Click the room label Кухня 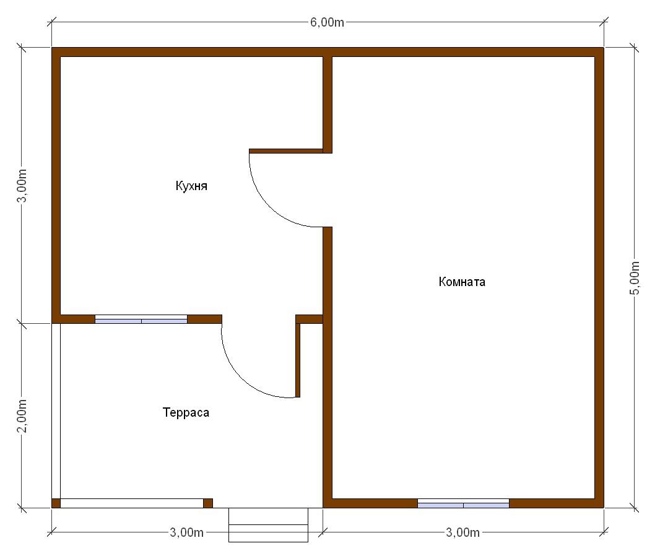click(x=191, y=186)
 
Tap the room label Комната click(x=462, y=282)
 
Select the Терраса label click(x=186, y=412)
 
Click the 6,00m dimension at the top click(x=327, y=22)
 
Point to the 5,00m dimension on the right click(x=635, y=278)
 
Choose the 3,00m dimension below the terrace click(x=186, y=532)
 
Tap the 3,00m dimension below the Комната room click(x=462, y=532)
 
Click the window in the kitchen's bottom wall click(x=141, y=319)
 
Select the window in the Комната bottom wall click(x=464, y=503)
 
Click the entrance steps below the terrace click(x=269, y=525)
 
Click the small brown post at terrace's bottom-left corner click(x=56, y=503)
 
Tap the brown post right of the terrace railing click(x=208, y=503)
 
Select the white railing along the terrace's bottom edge click(x=132, y=503)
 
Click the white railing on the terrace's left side click(x=56, y=411)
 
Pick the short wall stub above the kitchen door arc click(x=286, y=150)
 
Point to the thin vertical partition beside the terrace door click(x=298, y=360)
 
